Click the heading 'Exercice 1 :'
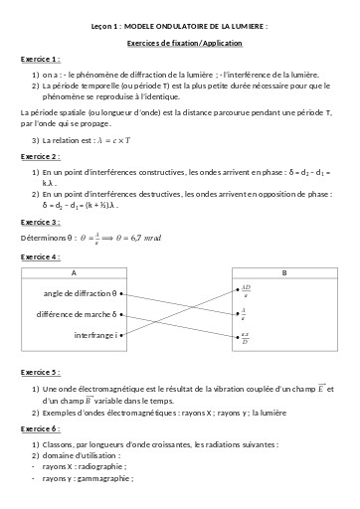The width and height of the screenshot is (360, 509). [39, 60]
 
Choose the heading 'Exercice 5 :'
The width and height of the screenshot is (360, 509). [39, 373]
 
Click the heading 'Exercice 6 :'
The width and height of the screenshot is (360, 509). [39, 427]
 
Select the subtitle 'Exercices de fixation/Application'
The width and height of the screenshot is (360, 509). [179, 45]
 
